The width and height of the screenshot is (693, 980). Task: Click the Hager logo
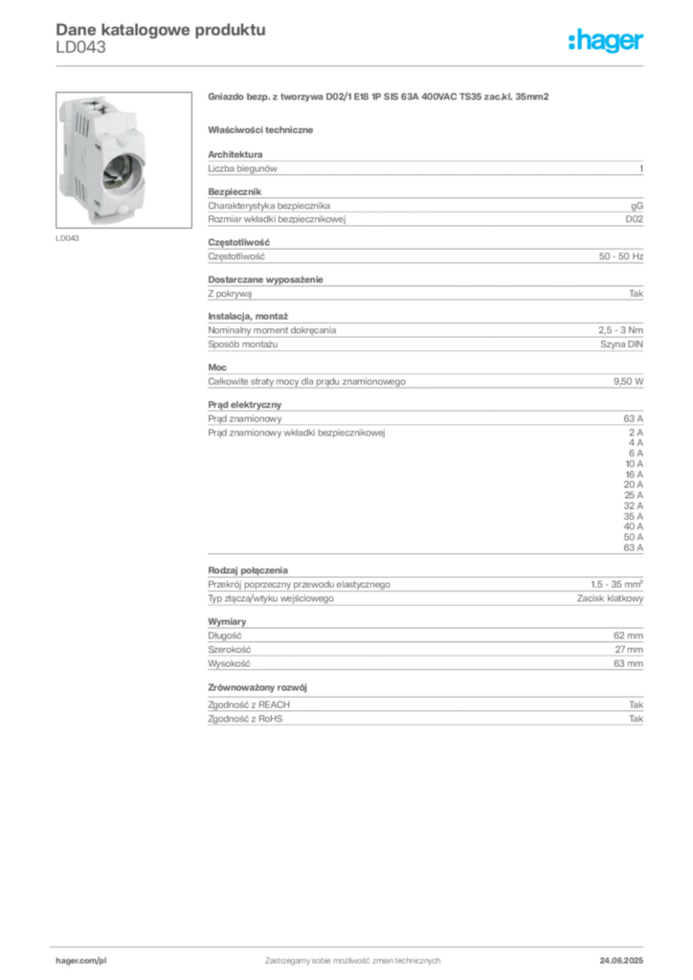(606, 41)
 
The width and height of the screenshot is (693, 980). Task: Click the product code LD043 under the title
(80, 48)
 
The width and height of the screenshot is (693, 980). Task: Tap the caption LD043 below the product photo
(68, 238)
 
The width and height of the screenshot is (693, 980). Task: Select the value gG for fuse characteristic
(637, 206)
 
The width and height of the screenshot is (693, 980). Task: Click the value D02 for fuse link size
(635, 219)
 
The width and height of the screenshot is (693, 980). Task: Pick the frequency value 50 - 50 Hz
(620, 256)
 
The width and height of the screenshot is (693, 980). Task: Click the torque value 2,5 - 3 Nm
(620, 330)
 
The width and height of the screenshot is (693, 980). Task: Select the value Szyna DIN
(621, 345)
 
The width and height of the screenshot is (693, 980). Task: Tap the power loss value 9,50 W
(628, 381)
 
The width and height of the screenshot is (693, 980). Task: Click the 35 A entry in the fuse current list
(633, 516)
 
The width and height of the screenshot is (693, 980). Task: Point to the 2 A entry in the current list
(636, 433)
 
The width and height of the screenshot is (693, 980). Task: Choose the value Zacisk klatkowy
(610, 599)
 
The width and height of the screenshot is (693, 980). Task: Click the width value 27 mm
(629, 650)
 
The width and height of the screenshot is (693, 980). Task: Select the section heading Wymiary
(227, 622)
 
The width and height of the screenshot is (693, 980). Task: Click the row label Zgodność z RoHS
(245, 719)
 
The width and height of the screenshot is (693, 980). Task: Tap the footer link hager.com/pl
(81, 961)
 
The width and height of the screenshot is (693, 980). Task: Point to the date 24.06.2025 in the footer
(621, 961)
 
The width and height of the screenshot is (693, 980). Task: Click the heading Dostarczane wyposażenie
(265, 279)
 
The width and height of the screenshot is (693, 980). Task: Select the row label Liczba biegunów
(242, 168)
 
